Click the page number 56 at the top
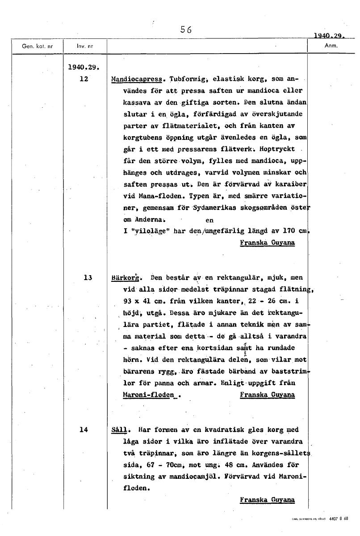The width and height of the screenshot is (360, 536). (x=185, y=30)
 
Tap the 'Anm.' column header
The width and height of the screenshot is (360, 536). (x=331, y=46)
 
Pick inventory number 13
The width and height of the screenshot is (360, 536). (x=88, y=277)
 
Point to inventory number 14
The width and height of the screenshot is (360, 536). (x=84, y=430)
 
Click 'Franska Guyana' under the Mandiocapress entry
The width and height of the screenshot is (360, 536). (x=267, y=243)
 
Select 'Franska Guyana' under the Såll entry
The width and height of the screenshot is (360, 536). (x=267, y=500)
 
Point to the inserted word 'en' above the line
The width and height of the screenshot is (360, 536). (x=209, y=221)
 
